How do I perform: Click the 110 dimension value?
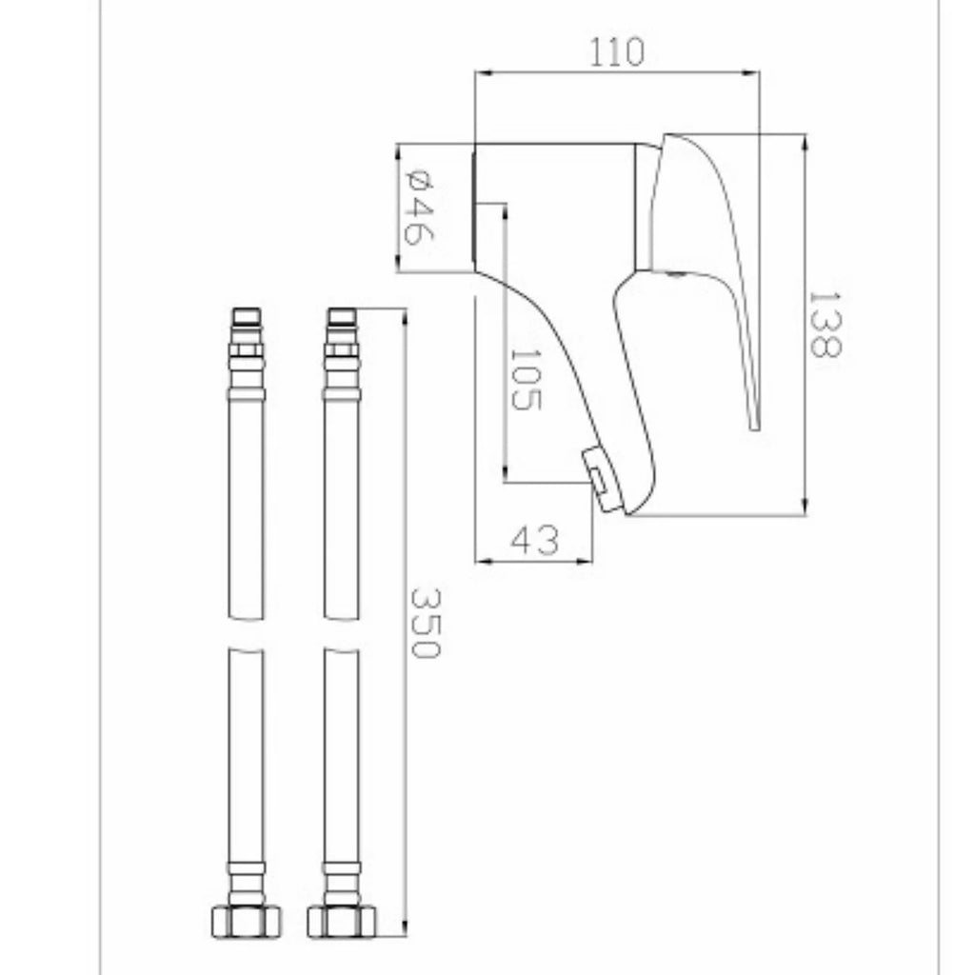(x=616, y=52)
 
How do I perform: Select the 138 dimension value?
(x=826, y=325)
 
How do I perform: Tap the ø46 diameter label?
(x=419, y=207)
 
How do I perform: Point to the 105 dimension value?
(x=526, y=379)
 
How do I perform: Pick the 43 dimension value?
(x=535, y=540)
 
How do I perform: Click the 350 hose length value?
(x=426, y=623)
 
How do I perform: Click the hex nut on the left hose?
(x=247, y=922)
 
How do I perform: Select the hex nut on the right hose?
(x=342, y=922)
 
